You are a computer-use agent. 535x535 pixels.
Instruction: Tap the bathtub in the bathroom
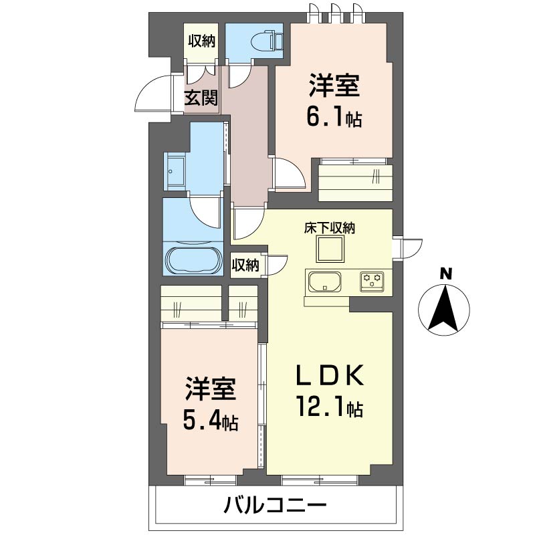(194, 259)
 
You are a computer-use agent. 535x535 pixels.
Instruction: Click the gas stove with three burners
(372, 281)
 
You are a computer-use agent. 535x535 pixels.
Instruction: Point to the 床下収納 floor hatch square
(330, 249)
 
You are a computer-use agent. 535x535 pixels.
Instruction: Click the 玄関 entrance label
(201, 98)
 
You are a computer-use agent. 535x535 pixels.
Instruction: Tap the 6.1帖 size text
(334, 118)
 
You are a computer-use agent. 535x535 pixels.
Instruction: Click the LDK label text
(330, 375)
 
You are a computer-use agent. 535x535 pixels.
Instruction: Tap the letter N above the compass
(445, 274)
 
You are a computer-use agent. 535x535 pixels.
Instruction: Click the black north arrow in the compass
(444, 308)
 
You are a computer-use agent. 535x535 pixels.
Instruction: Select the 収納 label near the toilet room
(202, 41)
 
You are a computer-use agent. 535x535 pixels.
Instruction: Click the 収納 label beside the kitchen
(245, 265)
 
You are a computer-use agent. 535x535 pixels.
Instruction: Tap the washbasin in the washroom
(175, 172)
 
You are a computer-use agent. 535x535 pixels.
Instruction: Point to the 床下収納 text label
(330, 228)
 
